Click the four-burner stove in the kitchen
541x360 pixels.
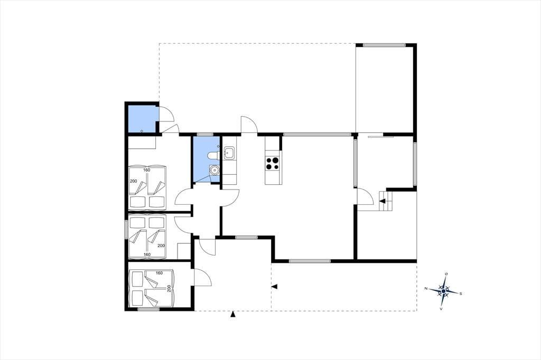(273, 164)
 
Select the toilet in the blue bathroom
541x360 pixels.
(213, 156)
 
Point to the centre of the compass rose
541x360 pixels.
(443, 291)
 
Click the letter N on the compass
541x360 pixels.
(426, 288)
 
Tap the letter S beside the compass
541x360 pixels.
(460, 294)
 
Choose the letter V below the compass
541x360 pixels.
(441, 309)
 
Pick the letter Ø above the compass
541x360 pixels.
(446, 274)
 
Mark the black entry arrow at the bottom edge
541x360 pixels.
(233, 314)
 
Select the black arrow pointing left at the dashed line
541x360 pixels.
(275, 286)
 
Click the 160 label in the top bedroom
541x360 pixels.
(147, 170)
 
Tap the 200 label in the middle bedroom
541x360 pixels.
(161, 245)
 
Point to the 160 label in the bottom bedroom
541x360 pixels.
(159, 273)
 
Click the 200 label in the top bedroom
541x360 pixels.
(133, 181)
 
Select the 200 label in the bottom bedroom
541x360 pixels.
(169, 288)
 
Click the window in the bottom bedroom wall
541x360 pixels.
(148, 309)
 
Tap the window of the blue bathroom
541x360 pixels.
(205, 134)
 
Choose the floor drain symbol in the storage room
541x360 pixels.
(142, 131)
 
